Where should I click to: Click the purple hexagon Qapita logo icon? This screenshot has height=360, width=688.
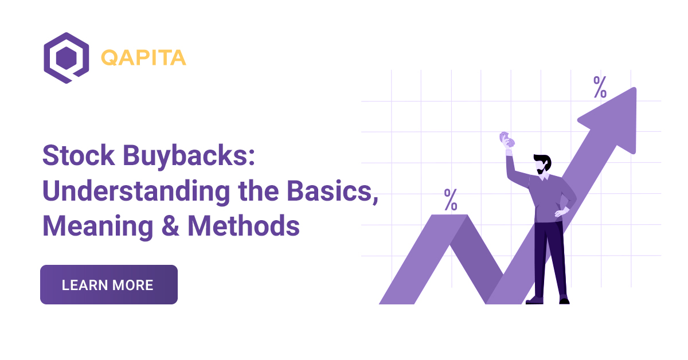tap(66, 58)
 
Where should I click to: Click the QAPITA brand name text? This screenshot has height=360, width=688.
tap(143, 58)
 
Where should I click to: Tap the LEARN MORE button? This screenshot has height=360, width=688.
tap(108, 284)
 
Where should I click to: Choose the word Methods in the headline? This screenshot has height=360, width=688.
tap(244, 226)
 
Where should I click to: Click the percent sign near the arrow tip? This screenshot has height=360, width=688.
tap(600, 88)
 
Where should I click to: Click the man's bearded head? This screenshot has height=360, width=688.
tap(541, 163)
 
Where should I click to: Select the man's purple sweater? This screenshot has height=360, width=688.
tap(548, 198)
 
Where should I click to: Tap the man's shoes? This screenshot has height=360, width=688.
tap(548, 299)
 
